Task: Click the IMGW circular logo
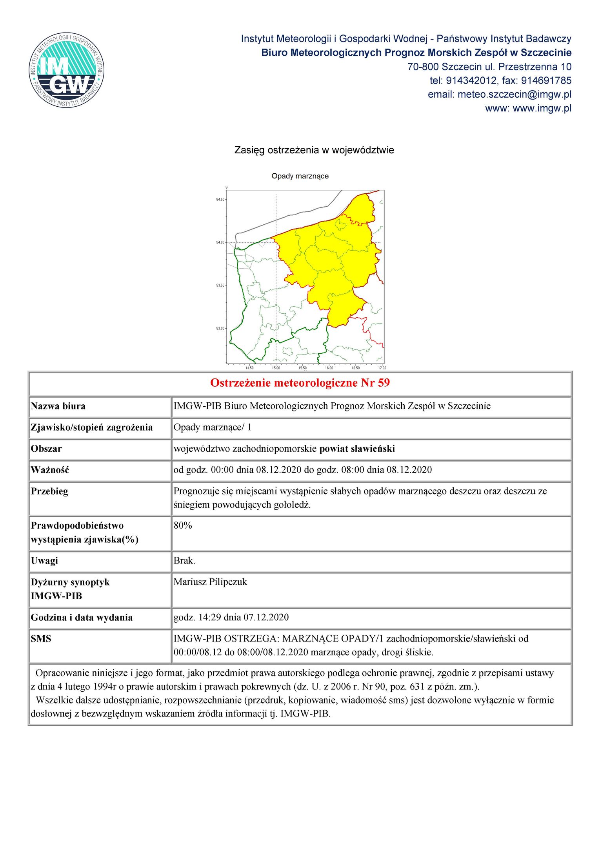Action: [x=66, y=70]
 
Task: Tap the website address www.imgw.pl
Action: [x=542, y=108]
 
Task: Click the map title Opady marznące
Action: [x=300, y=176]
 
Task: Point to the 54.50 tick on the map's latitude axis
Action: [x=220, y=200]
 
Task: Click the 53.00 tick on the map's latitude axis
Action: [x=220, y=328]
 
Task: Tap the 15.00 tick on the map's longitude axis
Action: [x=276, y=367]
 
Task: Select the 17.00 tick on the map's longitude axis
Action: [x=382, y=367]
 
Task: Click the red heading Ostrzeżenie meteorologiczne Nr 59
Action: [x=300, y=383]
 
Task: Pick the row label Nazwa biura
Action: [x=58, y=406]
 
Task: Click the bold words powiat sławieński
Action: [x=357, y=449]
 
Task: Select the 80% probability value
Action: [x=183, y=525]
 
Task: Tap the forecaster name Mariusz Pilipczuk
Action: [x=210, y=582]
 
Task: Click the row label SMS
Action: [x=41, y=639]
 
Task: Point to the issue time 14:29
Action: [x=209, y=618]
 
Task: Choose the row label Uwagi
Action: [x=44, y=561]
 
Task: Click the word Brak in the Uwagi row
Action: [x=184, y=561]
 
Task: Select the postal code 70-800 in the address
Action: [x=423, y=67]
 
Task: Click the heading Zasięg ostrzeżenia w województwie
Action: [x=314, y=150]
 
